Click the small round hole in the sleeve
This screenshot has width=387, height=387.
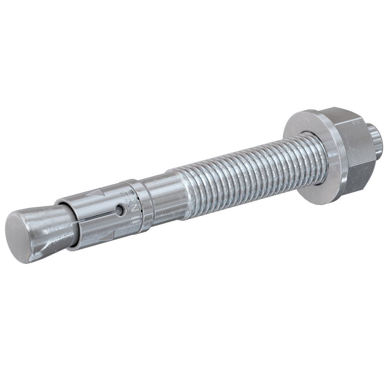pyautogui.click(x=122, y=211)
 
